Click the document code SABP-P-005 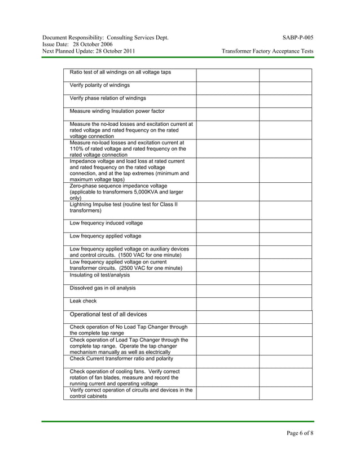click(298, 38)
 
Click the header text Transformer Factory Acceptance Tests click(267, 51)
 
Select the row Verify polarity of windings click(99, 85)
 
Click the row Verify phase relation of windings click(107, 98)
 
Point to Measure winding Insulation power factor click(117, 111)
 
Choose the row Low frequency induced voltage click(106, 223)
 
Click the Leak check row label click(83, 301)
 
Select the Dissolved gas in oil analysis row click(102, 288)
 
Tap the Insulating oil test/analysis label click(99, 275)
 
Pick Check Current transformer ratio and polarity click(121, 358)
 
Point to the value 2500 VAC click(135, 268)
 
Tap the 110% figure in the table click(77, 149)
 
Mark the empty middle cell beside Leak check click(227, 304)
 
